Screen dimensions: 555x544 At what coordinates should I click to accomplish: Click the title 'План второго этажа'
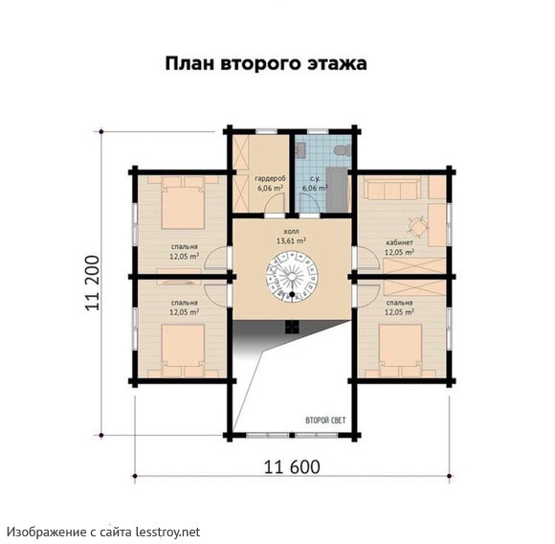[266, 64]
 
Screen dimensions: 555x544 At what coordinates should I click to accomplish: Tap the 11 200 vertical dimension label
[93, 283]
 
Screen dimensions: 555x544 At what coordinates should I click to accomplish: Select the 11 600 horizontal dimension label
[293, 466]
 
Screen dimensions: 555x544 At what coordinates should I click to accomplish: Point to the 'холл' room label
[291, 231]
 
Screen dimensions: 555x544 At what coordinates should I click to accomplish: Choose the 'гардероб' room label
[271, 178]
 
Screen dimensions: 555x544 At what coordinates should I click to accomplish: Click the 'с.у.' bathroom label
[309, 178]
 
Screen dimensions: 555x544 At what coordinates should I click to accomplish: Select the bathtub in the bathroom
[337, 191]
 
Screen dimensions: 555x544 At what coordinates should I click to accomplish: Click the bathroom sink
[300, 150]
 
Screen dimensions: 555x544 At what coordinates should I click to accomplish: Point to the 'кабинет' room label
[400, 243]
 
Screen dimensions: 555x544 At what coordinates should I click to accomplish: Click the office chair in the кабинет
[417, 226]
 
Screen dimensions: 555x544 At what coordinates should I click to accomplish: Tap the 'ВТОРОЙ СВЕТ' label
[325, 420]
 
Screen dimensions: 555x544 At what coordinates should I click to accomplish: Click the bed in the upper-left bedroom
[183, 203]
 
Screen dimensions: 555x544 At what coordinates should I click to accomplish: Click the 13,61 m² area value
[291, 240]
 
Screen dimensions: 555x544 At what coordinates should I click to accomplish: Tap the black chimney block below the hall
[293, 327]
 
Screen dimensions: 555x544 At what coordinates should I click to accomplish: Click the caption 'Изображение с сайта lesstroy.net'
[104, 532]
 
